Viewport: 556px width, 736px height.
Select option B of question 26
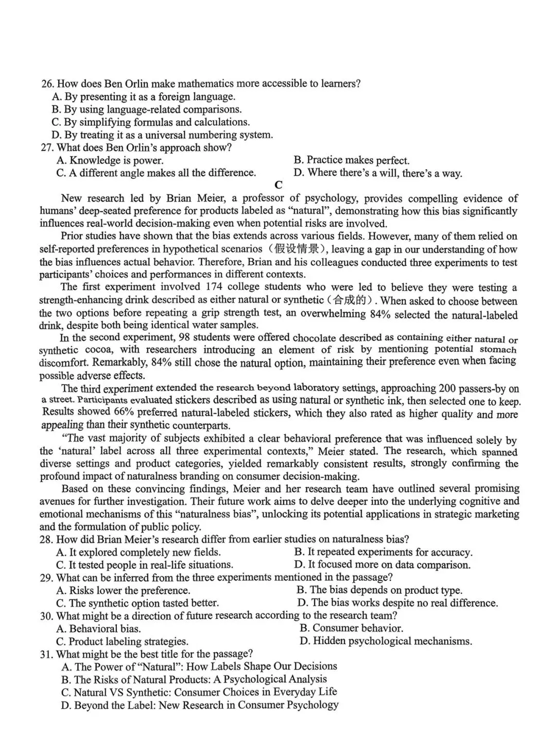(x=147, y=109)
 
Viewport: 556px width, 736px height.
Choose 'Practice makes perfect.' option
(x=352, y=160)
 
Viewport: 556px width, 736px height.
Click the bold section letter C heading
(x=279, y=185)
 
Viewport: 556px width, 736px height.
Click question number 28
(x=47, y=539)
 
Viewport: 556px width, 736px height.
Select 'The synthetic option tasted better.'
(x=137, y=603)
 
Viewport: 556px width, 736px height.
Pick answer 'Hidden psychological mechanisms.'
(x=386, y=641)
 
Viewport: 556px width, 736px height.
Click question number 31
(x=47, y=654)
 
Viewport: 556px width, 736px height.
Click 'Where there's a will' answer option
(x=378, y=173)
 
